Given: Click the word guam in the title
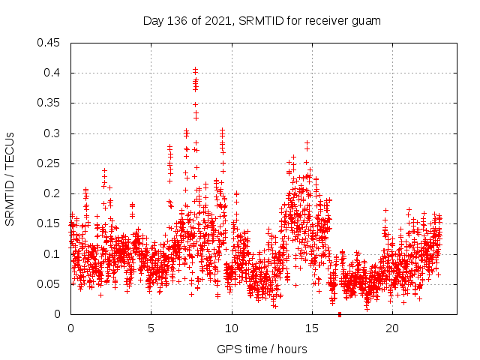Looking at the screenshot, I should (x=367, y=21).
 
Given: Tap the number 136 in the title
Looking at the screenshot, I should (x=178, y=21).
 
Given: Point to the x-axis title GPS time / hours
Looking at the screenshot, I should (x=262, y=349).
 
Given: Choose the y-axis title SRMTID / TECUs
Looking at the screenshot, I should (x=10, y=178).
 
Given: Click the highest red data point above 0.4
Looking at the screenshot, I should (x=196, y=69).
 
